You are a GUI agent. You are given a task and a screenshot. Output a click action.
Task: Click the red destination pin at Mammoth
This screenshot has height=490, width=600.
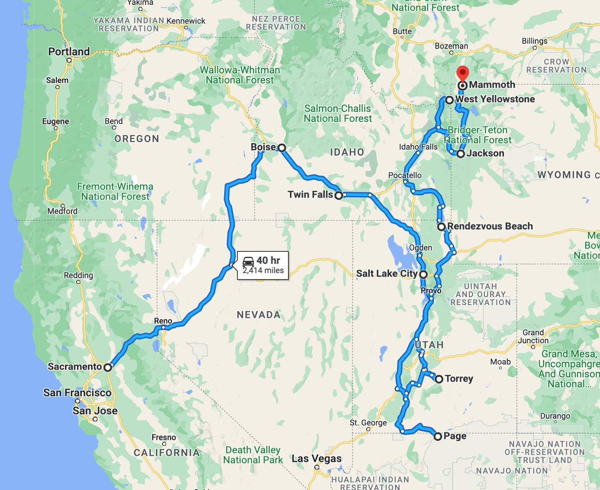coord(463,73)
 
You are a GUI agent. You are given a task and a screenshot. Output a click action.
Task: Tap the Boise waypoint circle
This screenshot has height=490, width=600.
coord(282,148)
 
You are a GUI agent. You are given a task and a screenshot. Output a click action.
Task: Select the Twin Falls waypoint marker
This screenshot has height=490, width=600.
coord(339,196)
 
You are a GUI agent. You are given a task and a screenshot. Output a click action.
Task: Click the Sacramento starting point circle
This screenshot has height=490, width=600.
coord(107,367)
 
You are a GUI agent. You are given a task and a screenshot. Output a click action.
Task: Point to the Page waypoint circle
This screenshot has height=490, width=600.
coord(438,436)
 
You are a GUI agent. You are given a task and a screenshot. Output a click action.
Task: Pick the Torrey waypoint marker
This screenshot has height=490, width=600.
coord(439,379)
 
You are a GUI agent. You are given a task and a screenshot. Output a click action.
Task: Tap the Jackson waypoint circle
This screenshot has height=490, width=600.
coord(461,154)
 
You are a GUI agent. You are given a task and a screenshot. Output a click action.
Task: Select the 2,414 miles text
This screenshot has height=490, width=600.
coord(263,271)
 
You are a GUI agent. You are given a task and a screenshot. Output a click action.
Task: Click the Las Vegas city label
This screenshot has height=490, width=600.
coord(316,458)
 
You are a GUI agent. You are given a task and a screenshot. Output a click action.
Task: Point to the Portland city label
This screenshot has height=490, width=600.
coord(69,52)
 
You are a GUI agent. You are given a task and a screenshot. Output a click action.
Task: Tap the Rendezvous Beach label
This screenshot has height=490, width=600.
coord(490,226)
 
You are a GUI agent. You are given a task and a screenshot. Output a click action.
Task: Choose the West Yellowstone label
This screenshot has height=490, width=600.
coord(495,99)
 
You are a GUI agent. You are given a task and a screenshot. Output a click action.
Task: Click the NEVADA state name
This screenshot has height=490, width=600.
coord(259,315)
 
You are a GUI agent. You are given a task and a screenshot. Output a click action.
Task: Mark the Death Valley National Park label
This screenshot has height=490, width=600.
coord(253,455)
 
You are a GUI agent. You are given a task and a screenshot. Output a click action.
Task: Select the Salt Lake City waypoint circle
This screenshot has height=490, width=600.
coord(423,275)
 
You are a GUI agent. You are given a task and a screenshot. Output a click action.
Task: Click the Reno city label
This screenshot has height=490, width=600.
coord(163,321)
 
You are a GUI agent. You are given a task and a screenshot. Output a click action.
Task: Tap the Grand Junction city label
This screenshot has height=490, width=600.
coord(533,336)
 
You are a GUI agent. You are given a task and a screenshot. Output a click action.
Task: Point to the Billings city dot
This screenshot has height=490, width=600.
coord(535,48)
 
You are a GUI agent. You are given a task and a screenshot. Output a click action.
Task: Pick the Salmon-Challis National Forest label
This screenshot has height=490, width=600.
coord(338,113)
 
